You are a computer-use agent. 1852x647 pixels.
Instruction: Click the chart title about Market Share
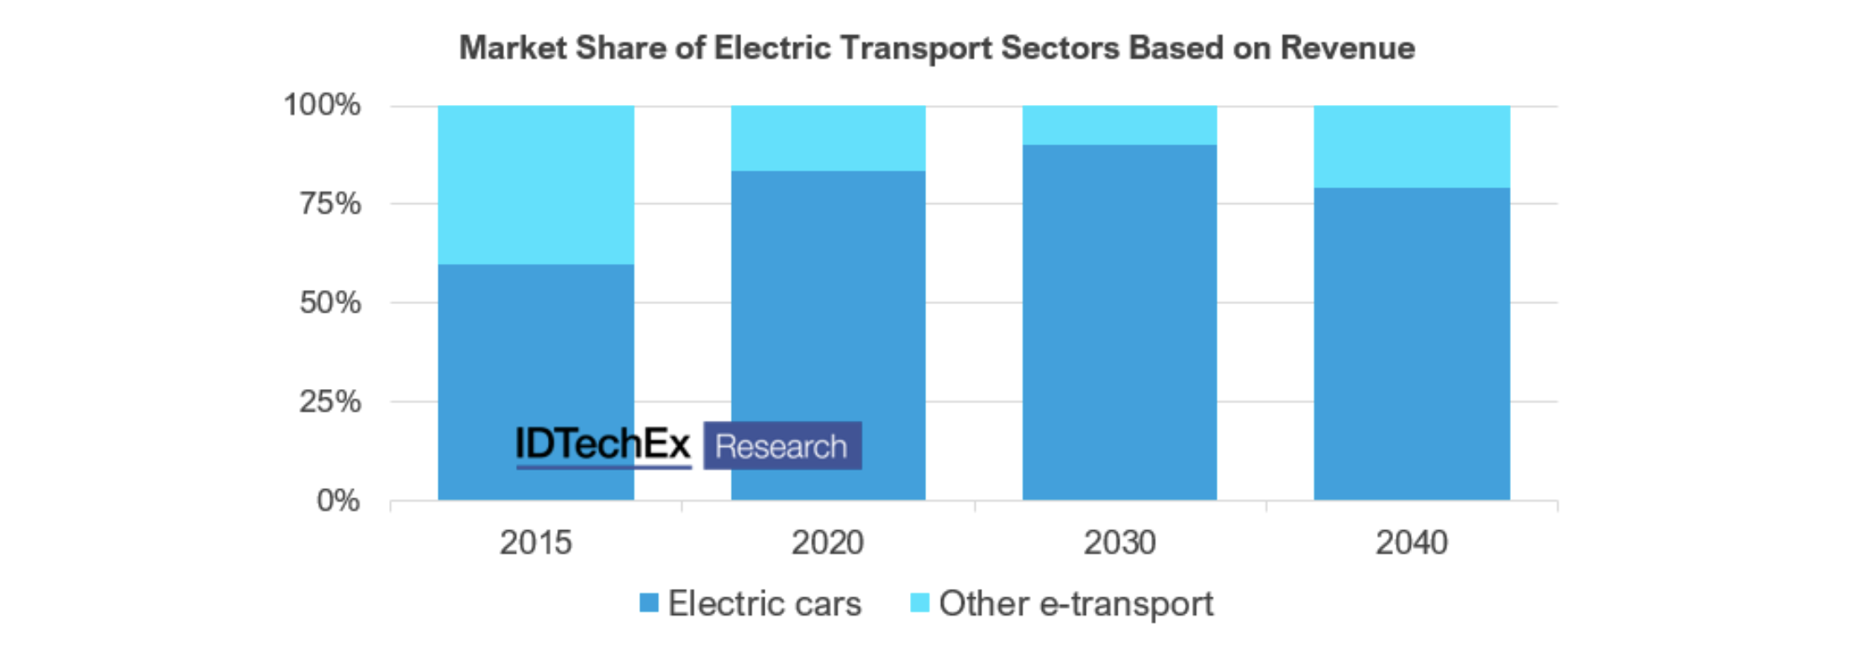[x=936, y=48]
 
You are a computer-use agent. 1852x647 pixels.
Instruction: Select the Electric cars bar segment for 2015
[x=535, y=353]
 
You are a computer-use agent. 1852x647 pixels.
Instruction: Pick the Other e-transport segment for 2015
[x=535, y=185]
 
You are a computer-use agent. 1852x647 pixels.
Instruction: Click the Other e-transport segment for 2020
[x=828, y=139]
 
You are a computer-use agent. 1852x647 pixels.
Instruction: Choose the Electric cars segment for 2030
[x=1119, y=323]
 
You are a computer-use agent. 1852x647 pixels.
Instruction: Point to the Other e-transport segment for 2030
[x=1119, y=125]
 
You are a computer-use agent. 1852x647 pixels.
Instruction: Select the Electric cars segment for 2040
[x=1412, y=344]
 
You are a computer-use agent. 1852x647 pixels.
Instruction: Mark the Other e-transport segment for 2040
[x=1412, y=146]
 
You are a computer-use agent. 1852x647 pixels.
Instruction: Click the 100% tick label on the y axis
[x=322, y=105]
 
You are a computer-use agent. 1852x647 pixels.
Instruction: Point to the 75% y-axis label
[x=330, y=203]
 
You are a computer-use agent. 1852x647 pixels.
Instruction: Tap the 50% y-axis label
[x=330, y=302]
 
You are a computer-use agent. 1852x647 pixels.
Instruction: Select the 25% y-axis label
[x=330, y=402]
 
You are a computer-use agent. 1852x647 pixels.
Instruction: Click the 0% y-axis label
[x=338, y=501]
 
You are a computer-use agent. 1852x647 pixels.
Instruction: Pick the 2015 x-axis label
[x=535, y=543]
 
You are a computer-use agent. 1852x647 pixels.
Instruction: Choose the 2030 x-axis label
[x=1119, y=543]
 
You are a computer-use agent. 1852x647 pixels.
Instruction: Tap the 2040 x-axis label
[x=1412, y=543]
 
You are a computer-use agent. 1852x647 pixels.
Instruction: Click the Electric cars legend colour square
[x=649, y=602]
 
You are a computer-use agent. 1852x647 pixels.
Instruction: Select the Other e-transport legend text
[x=1076, y=603]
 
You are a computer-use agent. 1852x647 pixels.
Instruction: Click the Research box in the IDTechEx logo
[x=781, y=446]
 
